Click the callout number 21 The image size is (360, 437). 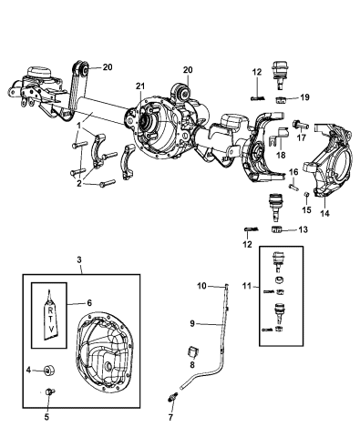[139, 86]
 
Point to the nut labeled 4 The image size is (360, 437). [52, 371]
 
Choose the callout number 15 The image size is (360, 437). [306, 209]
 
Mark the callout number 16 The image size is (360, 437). [293, 171]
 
